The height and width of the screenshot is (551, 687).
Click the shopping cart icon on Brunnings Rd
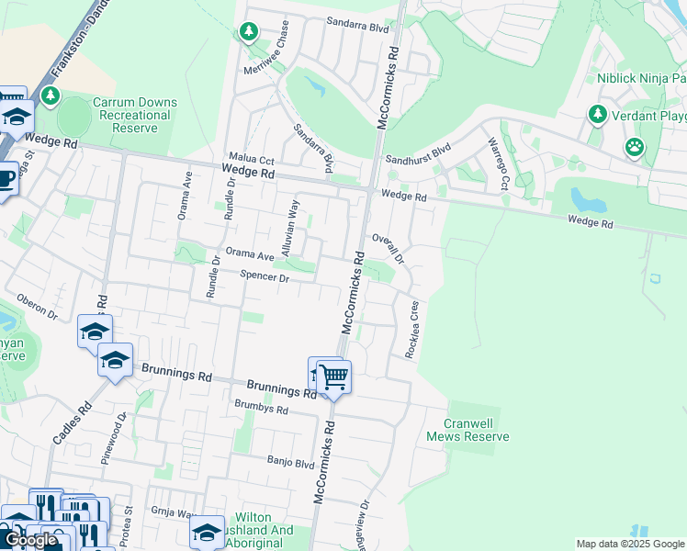click(334, 377)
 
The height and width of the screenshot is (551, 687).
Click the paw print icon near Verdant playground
click(634, 147)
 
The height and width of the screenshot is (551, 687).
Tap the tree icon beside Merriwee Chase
click(248, 33)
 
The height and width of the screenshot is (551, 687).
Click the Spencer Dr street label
click(265, 276)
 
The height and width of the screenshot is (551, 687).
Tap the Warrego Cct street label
click(497, 164)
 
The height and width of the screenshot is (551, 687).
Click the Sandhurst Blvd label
click(418, 152)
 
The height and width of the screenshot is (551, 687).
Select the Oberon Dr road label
click(37, 307)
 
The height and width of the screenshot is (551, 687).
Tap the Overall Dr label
click(387, 247)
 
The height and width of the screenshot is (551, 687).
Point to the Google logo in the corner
click(30, 541)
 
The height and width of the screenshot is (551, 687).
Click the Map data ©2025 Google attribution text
click(630, 544)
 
